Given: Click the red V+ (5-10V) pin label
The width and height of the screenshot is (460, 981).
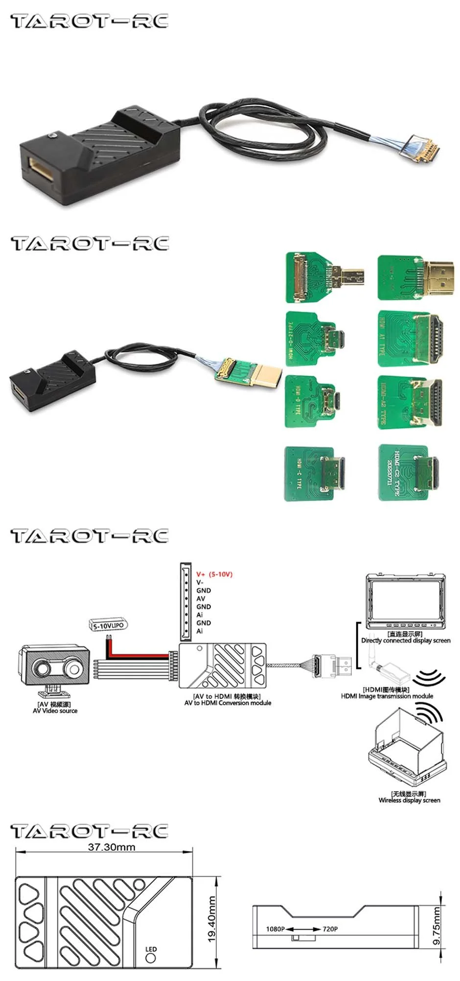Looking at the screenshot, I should pos(214,574).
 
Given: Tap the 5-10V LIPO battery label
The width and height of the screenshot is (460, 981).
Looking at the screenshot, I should pos(109,625).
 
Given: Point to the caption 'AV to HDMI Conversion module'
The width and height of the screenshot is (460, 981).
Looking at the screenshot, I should pos(228,703).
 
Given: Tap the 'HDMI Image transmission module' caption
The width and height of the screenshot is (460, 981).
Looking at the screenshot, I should pos(387,696).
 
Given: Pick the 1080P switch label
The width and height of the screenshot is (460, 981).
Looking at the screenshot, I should pos(275,929).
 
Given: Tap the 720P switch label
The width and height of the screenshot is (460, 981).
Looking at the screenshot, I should pos(330,929).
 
